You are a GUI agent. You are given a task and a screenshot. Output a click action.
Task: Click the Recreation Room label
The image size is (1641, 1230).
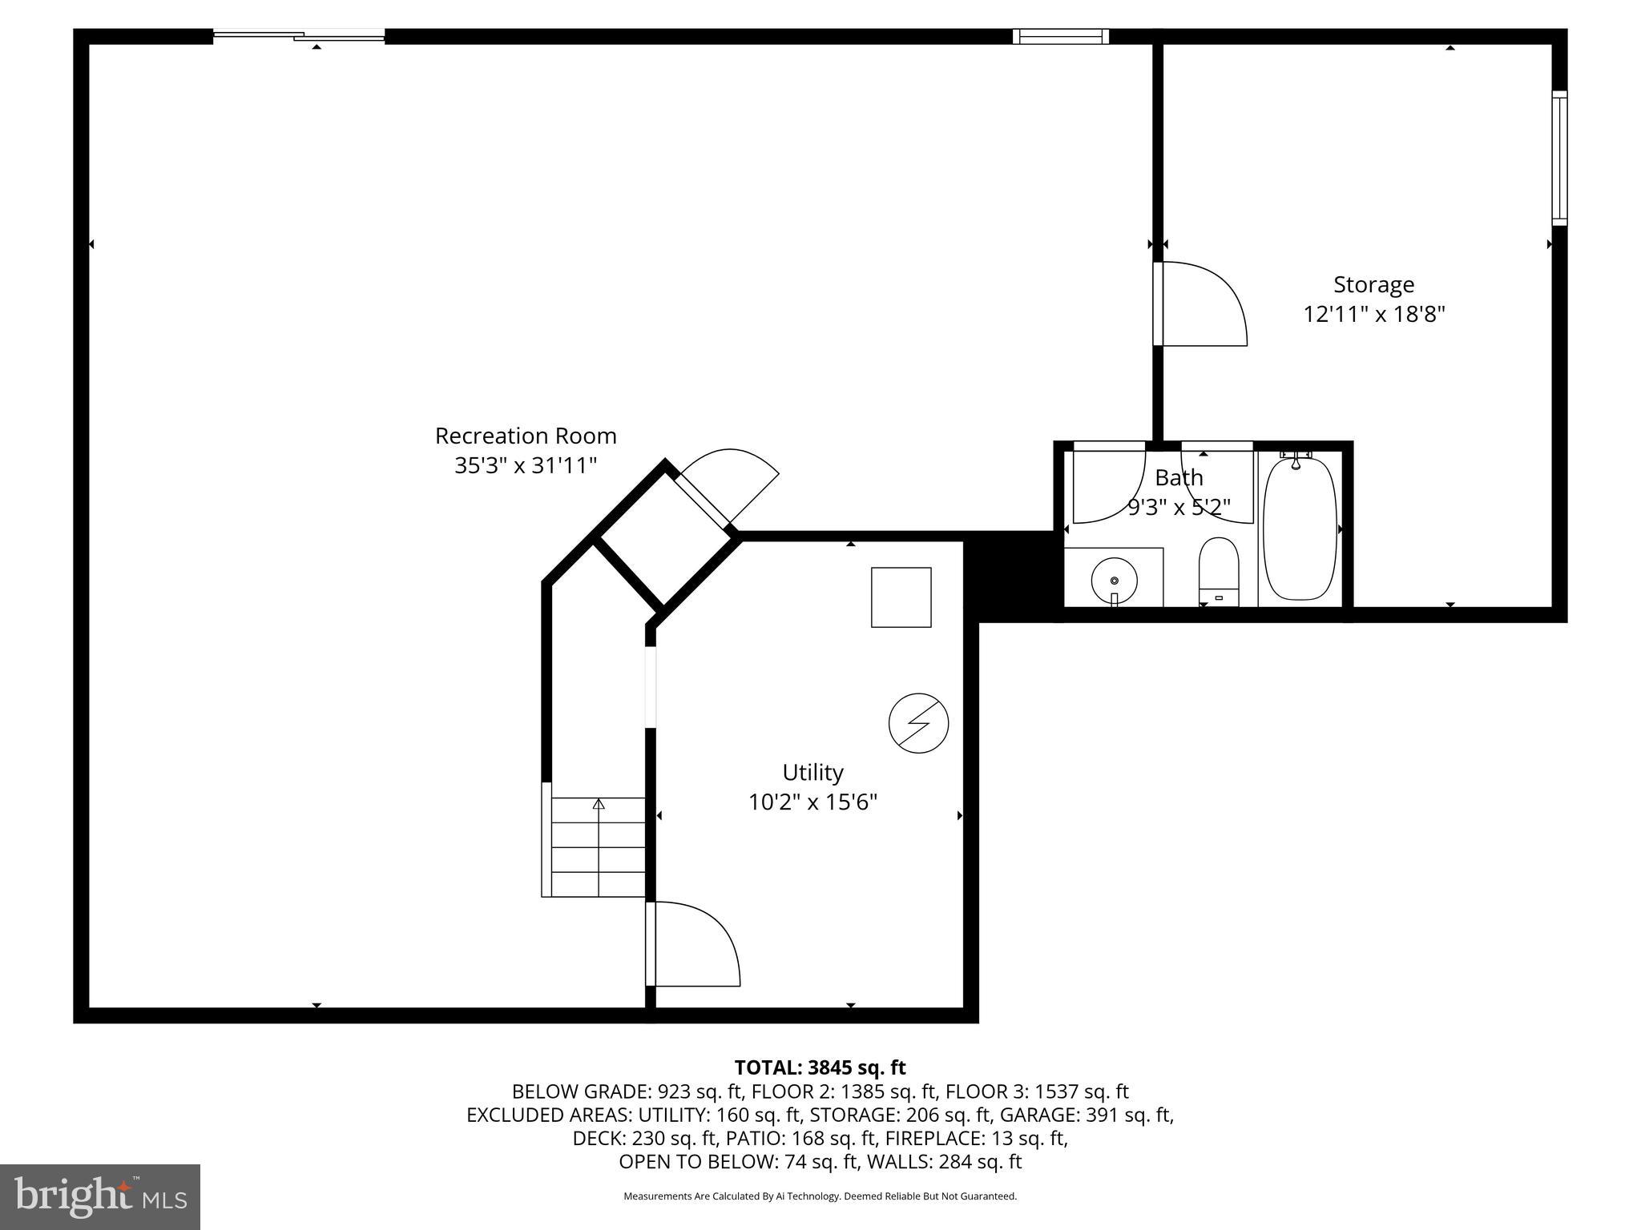pyautogui.click(x=526, y=436)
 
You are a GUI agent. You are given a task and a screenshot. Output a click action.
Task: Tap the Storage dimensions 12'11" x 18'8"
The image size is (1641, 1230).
pyautogui.click(x=1373, y=314)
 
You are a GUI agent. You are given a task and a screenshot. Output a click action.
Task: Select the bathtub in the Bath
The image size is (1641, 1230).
pyautogui.click(x=1300, y=529)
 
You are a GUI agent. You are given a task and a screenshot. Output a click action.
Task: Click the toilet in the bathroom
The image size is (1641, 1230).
pyautogui.click(x=1219, y=571)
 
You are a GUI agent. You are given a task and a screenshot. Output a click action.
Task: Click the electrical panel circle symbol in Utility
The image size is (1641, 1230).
pyautogui.click(x=918, y=723)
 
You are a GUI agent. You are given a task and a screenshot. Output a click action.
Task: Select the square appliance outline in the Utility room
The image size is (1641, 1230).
pyautogui.click(x=901, y=597)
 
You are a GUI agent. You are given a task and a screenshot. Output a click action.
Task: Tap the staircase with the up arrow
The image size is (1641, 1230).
pyautogui.click(x=598, y=847)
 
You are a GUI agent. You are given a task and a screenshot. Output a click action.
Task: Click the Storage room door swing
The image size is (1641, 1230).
pyautogui.click(x=1202, y=305)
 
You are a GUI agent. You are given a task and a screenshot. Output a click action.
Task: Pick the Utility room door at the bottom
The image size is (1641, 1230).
pyautogui.click(x=694, y=945)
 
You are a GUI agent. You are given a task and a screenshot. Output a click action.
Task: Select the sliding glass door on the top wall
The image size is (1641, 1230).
pyautogui.click(x=299, y=35)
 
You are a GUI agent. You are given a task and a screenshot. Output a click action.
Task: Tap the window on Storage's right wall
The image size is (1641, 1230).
pyautogui.click(x=1559, y=158)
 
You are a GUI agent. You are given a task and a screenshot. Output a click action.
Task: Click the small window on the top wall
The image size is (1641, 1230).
pyautogui.click(x=1060, y=36)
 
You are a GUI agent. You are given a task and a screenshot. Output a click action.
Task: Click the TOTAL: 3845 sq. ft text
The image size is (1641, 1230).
pyautogui.click(x=820, y=1067)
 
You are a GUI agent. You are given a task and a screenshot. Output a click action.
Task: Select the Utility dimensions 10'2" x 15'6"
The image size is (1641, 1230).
pyautogui.click(x=812, y=802)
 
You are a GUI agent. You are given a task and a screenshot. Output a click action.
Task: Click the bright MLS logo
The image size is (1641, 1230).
pyautogui.click(x=100, y=1196)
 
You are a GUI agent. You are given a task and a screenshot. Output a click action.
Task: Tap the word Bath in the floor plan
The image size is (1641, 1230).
pyautogui.click(x=1179, y=478)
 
